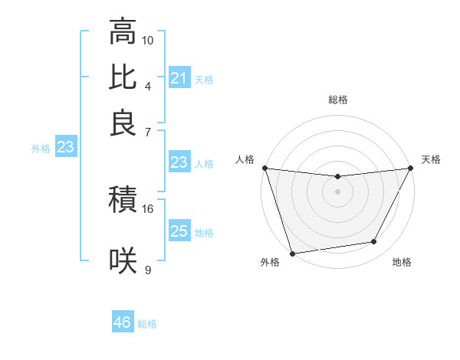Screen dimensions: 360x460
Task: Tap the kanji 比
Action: pos(123,77)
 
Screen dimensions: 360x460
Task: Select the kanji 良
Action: pos(123,122)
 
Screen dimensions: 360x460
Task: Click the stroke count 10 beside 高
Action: pos(148,39)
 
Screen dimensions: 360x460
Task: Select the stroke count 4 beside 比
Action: pos(148,85)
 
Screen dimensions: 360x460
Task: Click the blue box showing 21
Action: pos(179,78)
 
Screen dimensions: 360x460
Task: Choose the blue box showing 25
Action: pos(179,231)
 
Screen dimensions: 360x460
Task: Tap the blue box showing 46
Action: pos(122,322)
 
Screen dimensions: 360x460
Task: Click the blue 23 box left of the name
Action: pos(64,148)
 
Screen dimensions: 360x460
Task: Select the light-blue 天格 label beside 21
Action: pos(204,79)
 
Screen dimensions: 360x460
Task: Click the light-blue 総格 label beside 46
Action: pos(147,324)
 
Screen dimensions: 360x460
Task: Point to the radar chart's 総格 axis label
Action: pos(338,100)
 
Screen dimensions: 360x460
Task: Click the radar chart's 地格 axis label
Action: pos(402,263)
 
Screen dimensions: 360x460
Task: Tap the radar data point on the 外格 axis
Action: pos(292,254)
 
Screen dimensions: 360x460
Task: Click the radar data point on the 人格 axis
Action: pos(264,168)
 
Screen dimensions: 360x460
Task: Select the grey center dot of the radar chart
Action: pos(338,191)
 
